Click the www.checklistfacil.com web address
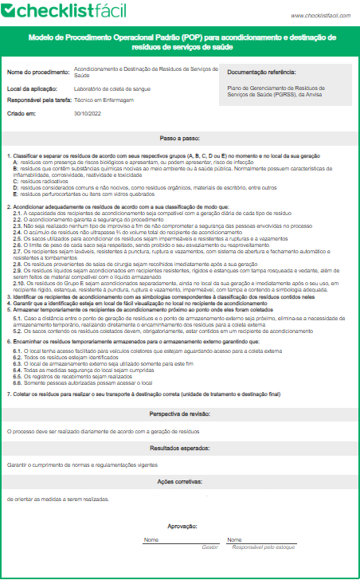click(321, 15)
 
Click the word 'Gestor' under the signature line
click(210, 547)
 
